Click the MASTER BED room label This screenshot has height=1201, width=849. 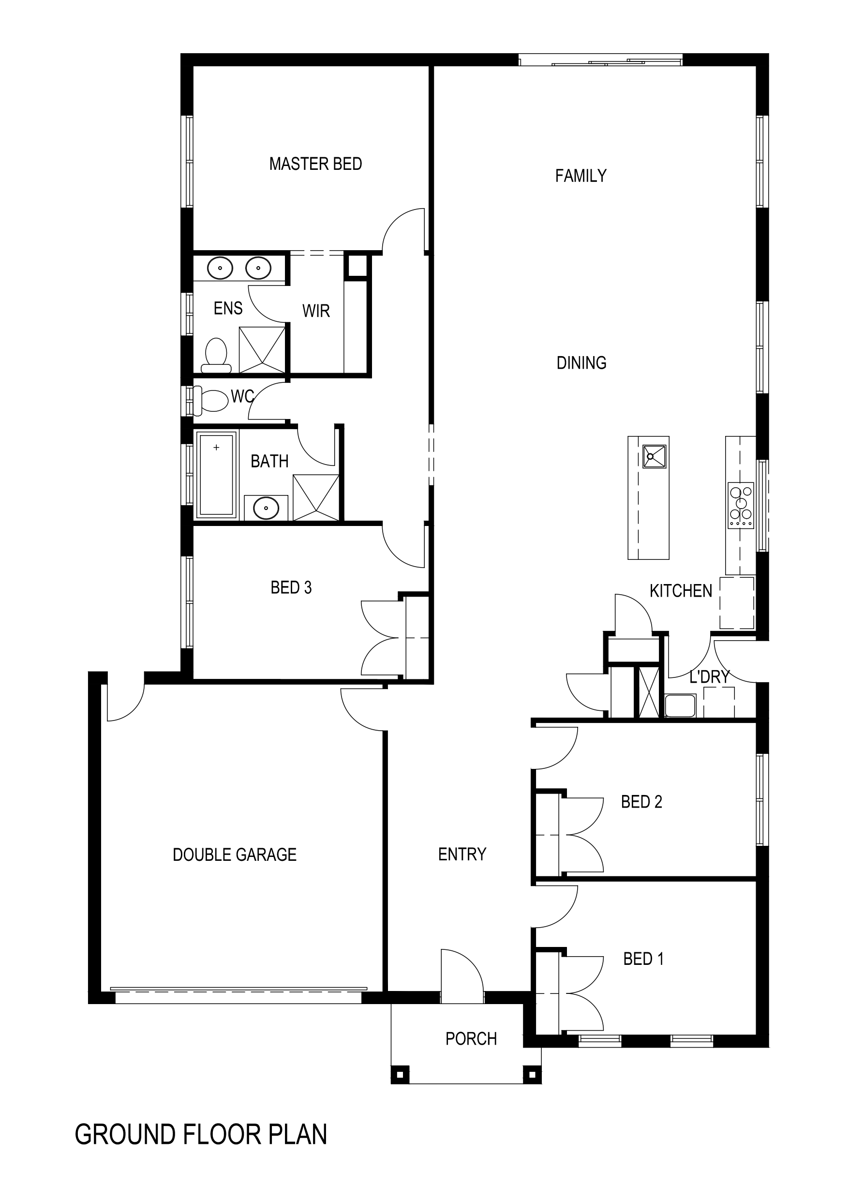click(x=315, y=164)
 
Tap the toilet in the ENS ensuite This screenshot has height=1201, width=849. click(x=216, y=355)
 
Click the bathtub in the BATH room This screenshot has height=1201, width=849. click(x=216, y=474)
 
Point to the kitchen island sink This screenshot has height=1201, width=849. click(x=655, y=457)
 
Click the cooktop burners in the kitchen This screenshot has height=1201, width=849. click(x=741, y=505)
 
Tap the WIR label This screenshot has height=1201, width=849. click(x=316, y=311)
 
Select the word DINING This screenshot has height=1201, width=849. click(x=581, y=363)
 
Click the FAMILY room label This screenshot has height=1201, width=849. click(x=581, y=176)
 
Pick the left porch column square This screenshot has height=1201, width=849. click(x=400, y=1076)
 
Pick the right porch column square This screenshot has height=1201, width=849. click(x=533, y=1076)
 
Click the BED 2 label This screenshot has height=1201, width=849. click(x=641, y=802)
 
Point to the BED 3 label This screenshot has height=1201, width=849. click(x=291, y=588)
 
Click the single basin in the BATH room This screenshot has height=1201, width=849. click(x=266, y=508)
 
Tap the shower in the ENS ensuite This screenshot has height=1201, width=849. click(x=262, y=349)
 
